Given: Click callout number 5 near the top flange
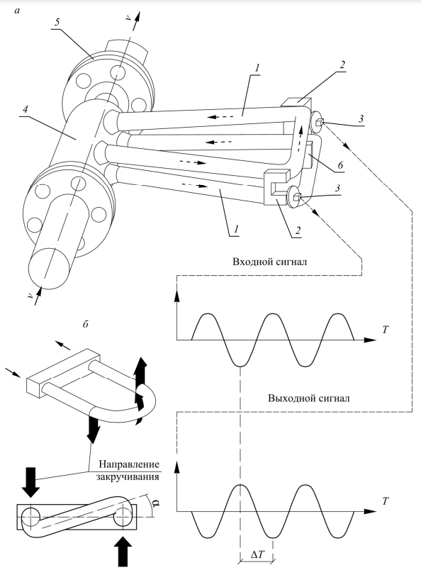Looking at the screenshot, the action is click(x=57, y=23).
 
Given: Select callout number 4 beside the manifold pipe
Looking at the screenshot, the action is click(x=25, y=109).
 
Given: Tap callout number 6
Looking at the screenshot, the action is click(x=340, y=165).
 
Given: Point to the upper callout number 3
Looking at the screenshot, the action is click(x=361, y=119).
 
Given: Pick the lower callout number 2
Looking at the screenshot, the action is click(x=298, y=230).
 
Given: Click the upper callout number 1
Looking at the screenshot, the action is click(x=257, y=68).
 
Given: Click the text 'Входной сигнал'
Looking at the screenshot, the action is click(x=269, y=262).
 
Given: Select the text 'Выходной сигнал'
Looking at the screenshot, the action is click(x=309, y=398).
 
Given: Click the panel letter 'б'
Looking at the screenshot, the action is click(x=86, y=325).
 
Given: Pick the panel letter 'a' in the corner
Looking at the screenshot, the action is click(x=17, y=11).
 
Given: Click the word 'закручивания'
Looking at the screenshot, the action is click(x=128, y=477).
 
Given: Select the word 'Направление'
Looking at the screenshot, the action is click(x=130, y=464).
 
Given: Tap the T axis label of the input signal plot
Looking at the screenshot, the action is click(x=385, y=330).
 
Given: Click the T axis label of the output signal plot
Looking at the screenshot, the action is click(x=385, y=501).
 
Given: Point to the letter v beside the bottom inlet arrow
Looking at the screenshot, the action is click(x=30, y=297).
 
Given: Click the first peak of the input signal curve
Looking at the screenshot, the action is click(x=208, y=314).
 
